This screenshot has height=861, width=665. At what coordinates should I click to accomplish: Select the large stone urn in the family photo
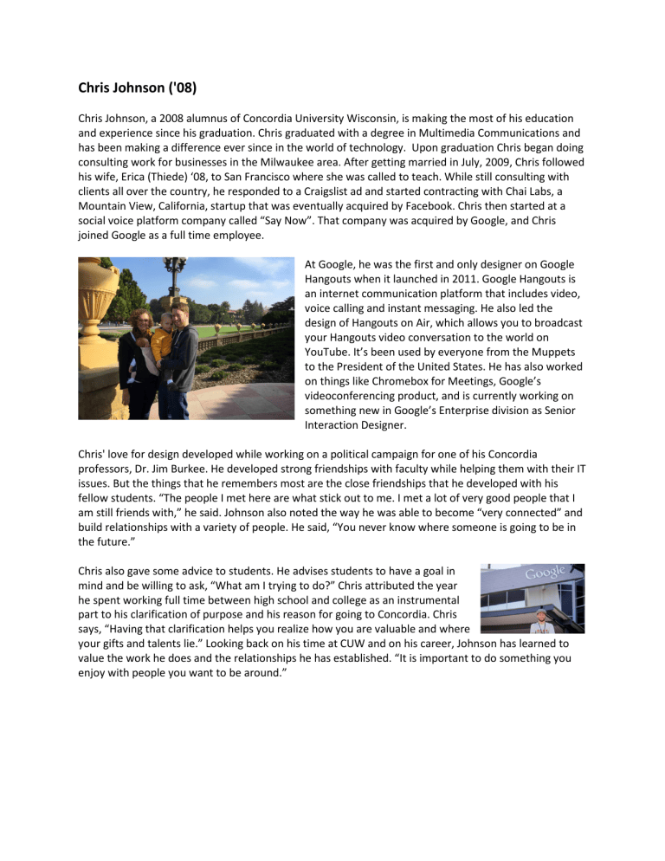100,295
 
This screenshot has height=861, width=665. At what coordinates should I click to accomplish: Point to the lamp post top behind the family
175,268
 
